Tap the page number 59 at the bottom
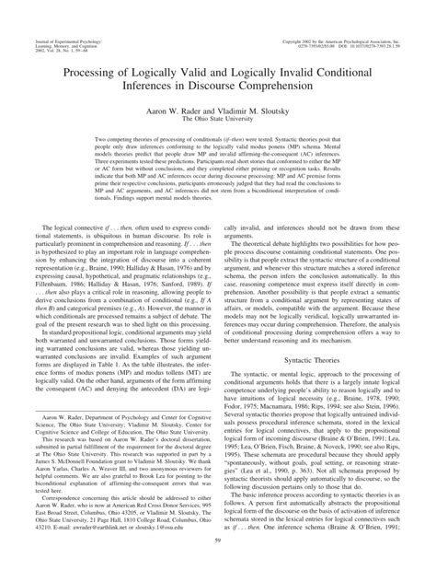(x=217, y=552)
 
